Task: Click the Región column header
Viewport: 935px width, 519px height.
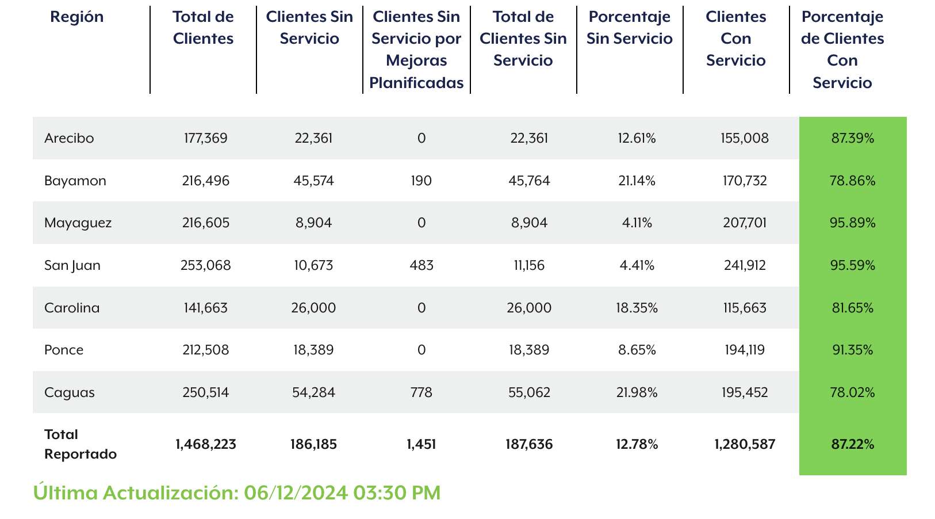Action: pos(77,17)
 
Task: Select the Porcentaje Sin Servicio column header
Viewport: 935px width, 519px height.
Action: pos(630,28)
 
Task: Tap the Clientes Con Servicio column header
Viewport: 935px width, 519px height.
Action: pos(736,39)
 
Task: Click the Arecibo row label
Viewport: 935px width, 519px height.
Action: pos(69,138)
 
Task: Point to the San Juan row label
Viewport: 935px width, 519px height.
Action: pos(72,265)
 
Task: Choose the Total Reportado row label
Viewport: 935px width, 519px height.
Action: pos(81,444)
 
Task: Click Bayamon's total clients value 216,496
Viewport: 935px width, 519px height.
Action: pos(206,181)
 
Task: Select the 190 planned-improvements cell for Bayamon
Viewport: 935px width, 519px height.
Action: pos(421,181)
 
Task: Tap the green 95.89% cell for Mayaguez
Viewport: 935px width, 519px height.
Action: pos(852,223)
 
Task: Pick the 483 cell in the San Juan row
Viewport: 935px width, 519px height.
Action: pos(421,265)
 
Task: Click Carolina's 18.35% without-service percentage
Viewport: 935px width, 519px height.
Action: pos(637,308)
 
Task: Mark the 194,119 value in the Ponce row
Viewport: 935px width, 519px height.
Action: pos(745,350)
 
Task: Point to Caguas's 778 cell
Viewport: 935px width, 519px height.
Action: pos(421,392)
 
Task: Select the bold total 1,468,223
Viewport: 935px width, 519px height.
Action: pos(206,444)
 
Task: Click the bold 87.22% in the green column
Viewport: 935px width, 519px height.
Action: pos(852,444)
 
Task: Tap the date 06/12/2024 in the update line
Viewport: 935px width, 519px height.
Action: pos(296,493)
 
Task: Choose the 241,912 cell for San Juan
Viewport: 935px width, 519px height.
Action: pos(745,265)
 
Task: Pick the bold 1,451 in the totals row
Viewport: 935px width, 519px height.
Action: pos(421,444)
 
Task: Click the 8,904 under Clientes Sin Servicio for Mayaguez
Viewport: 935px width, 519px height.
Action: pos(313,223)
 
